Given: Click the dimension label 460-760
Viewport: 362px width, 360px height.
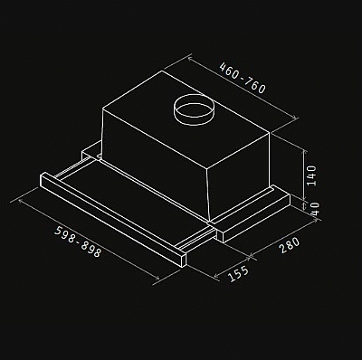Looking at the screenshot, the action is (243, 78).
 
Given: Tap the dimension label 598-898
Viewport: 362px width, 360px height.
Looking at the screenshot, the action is (78, 242).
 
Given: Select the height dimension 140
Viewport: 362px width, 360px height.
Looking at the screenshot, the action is (311, 175).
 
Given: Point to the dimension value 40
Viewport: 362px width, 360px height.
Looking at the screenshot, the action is (314, 209).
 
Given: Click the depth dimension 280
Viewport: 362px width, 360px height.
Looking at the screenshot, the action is (290, 245).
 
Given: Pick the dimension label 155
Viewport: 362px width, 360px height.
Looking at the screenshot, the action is (238, 274).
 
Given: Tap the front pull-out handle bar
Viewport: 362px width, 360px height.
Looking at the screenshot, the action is (113, 220).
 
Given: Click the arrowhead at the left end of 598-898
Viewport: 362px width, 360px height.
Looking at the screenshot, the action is (20, 200).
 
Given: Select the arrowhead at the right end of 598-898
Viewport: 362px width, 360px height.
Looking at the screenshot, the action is (157, 279).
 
